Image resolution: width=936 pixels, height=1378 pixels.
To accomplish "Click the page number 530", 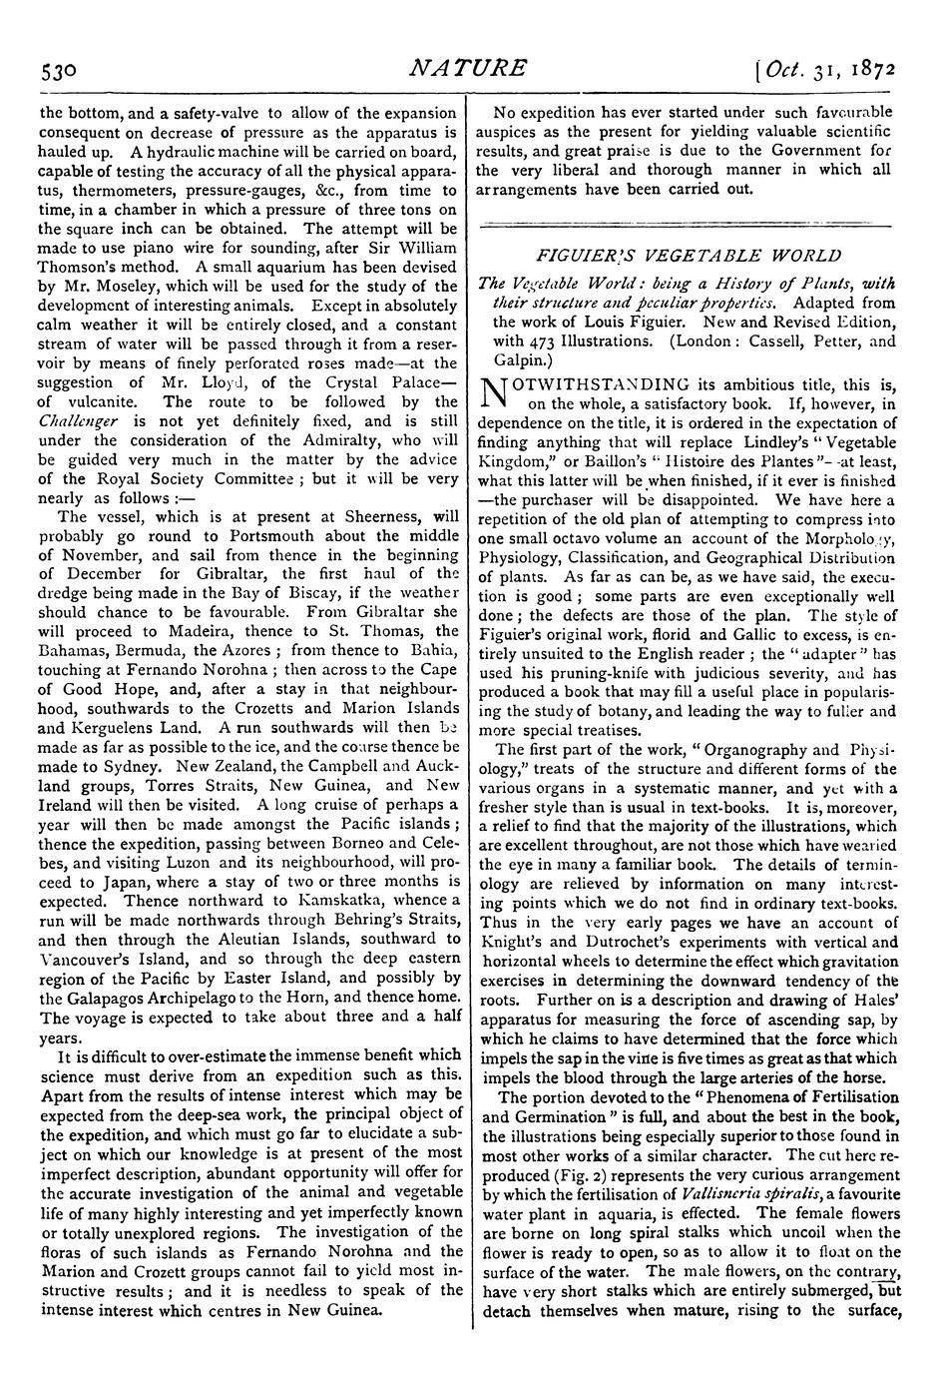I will click(x=60, y=71).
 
